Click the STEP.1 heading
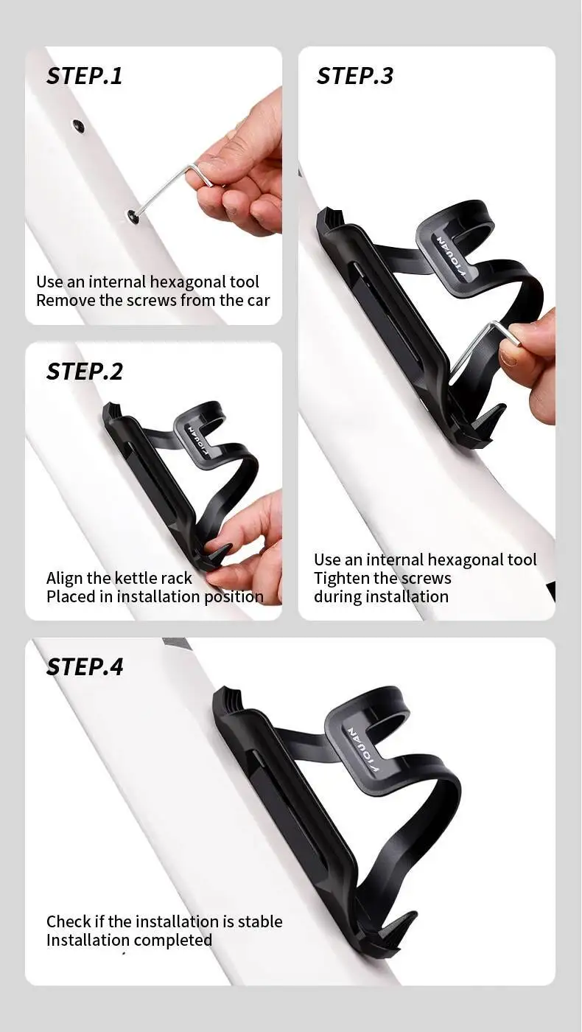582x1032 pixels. (x=85, y=75)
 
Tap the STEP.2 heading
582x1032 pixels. (x=85, y=372)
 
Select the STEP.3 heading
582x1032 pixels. (x=355, y=75)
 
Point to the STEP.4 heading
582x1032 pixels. (x=85, y=666)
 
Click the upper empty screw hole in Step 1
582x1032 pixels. (x=78, y=125)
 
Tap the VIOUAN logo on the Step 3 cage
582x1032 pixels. (x=451, y=257)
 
